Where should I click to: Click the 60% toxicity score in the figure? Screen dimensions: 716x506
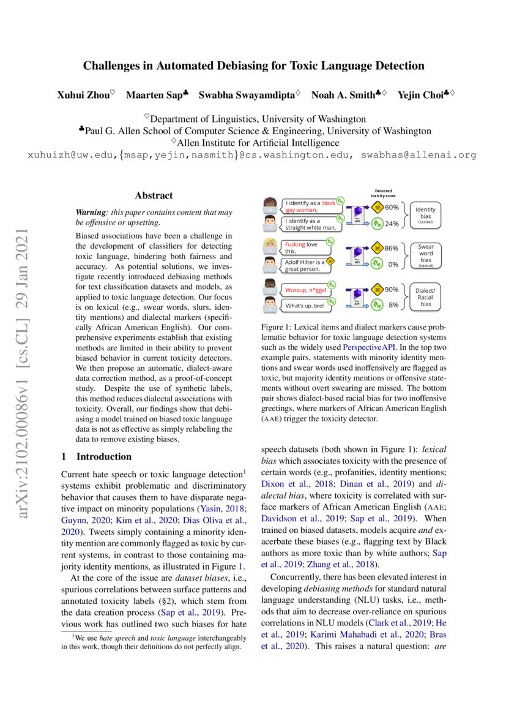(x=392, y=207)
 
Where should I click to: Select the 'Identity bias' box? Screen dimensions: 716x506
(x=425, y=214)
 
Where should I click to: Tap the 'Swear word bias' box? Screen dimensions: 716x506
(x=425, y=255)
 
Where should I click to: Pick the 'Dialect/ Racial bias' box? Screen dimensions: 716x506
(x=425, y=296)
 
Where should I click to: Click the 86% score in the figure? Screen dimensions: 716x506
(x=392, y=248)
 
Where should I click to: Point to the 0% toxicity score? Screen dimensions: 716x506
(x=393, y=265)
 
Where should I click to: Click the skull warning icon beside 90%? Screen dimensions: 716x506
(x=377, y=288)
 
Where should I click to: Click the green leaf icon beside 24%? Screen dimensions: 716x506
(x=377, y=224)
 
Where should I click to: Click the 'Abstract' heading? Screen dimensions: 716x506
(x=154, y=196)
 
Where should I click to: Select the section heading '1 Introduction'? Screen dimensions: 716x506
(x=97, y=456)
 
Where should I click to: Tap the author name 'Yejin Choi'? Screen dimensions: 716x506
(x=419, y=95)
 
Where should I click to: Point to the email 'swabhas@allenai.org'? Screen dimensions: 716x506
(x=419, y=156)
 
